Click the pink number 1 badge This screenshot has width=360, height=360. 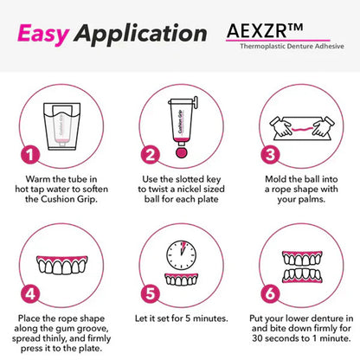(29, 156)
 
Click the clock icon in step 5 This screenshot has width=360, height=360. (181, 252)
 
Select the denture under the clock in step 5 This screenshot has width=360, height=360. (181, 279)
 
